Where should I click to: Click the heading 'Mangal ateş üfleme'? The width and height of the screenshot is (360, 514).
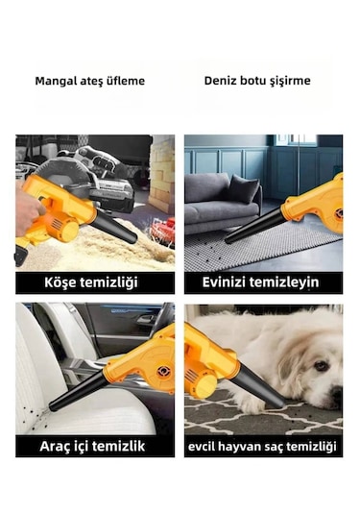pyautogui.click(x=89, y=81)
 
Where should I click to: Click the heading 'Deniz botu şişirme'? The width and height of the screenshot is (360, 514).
pyautogui.click(x=256, y=81)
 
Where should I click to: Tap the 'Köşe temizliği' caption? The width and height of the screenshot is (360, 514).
pyautogui.click(x=95, y=282)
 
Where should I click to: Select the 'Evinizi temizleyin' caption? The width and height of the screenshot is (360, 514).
pyautogui.click(x=263, y=282)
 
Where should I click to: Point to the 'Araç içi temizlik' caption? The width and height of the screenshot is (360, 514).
pyautogui.click(x=95, y=446)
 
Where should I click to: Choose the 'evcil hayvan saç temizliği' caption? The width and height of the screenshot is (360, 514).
pyautogui.click(x=263, y=446)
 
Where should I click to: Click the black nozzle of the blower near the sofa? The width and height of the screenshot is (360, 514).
pyautogui.click(x=253, y=228)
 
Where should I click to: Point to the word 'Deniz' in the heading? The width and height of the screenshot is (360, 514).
pyautogui.click(x=221, y=81)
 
